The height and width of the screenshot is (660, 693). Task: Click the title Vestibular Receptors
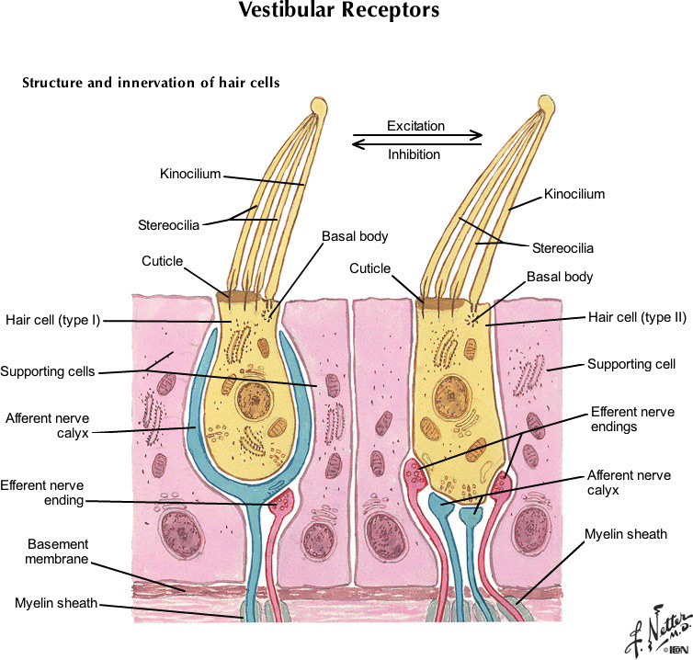pos(339,12)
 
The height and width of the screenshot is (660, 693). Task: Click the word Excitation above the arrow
pos(415,126)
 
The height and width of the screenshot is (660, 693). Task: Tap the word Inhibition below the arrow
pos(414,154)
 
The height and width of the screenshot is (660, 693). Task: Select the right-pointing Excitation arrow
pos(417,136)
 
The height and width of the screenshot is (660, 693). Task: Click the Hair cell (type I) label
pos(52,320)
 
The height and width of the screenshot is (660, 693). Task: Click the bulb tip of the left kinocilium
pos(318,107)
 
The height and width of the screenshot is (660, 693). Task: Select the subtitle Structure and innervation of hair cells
pos(151,83)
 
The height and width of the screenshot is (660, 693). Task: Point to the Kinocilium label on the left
pos(190,174)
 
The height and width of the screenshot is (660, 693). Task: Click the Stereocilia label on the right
pos(562,248)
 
